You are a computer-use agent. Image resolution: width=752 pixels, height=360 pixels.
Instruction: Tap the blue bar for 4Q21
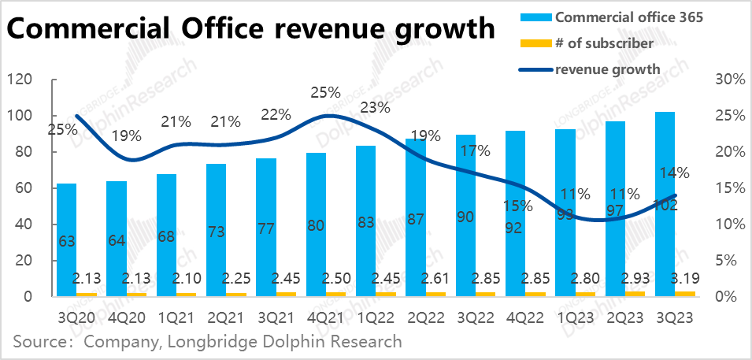pos(315,221)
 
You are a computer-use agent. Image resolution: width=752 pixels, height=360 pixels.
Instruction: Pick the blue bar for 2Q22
pos(415,213)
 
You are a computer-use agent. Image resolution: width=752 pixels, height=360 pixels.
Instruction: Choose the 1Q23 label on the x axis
pos(576,317)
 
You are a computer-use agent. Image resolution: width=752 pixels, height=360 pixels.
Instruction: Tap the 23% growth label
pos(376,107)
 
